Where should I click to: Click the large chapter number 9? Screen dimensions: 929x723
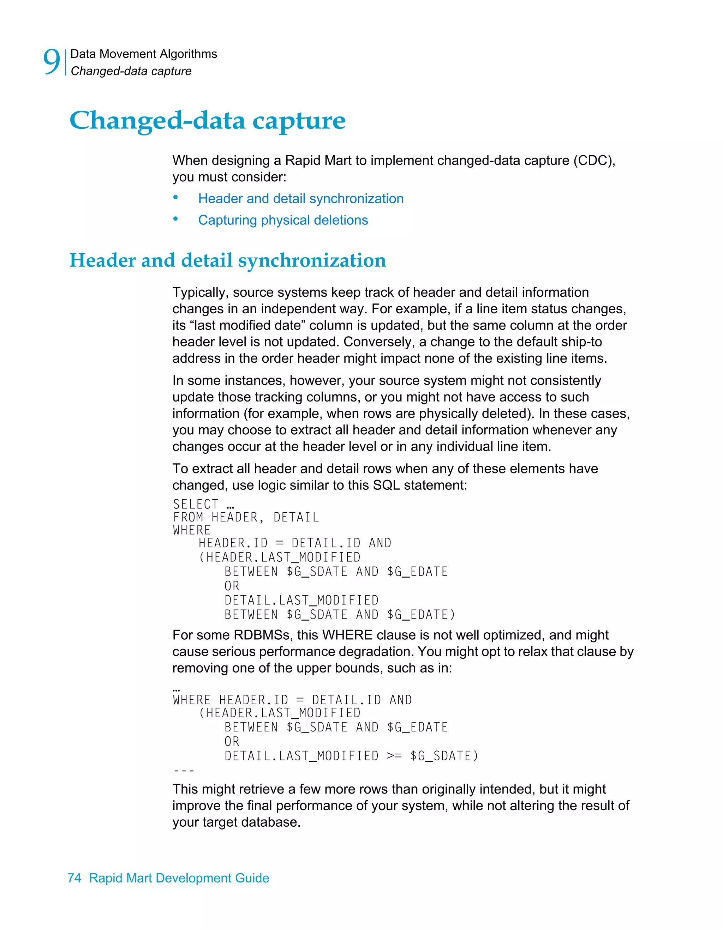point(52,62)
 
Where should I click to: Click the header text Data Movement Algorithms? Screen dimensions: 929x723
point(143,54)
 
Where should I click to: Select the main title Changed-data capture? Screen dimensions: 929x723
point(207,120)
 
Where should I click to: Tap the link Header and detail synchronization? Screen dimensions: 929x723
point(300,199)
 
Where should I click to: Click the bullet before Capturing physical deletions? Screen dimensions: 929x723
point(175,219)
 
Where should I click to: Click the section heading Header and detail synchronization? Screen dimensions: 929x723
point(228,260)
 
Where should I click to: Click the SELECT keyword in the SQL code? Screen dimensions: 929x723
point(195,504)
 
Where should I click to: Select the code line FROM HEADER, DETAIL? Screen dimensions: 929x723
point(246,517)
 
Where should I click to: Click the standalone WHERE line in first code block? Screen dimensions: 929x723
point(191,530)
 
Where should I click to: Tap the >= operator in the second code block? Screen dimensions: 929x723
point(394,756)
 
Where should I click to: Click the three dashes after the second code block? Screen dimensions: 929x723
point(184,770)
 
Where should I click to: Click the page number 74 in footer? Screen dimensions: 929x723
point(74,878)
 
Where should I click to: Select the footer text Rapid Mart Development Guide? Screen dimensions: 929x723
point(179,878)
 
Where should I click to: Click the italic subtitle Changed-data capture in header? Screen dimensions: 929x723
point(131,71)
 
